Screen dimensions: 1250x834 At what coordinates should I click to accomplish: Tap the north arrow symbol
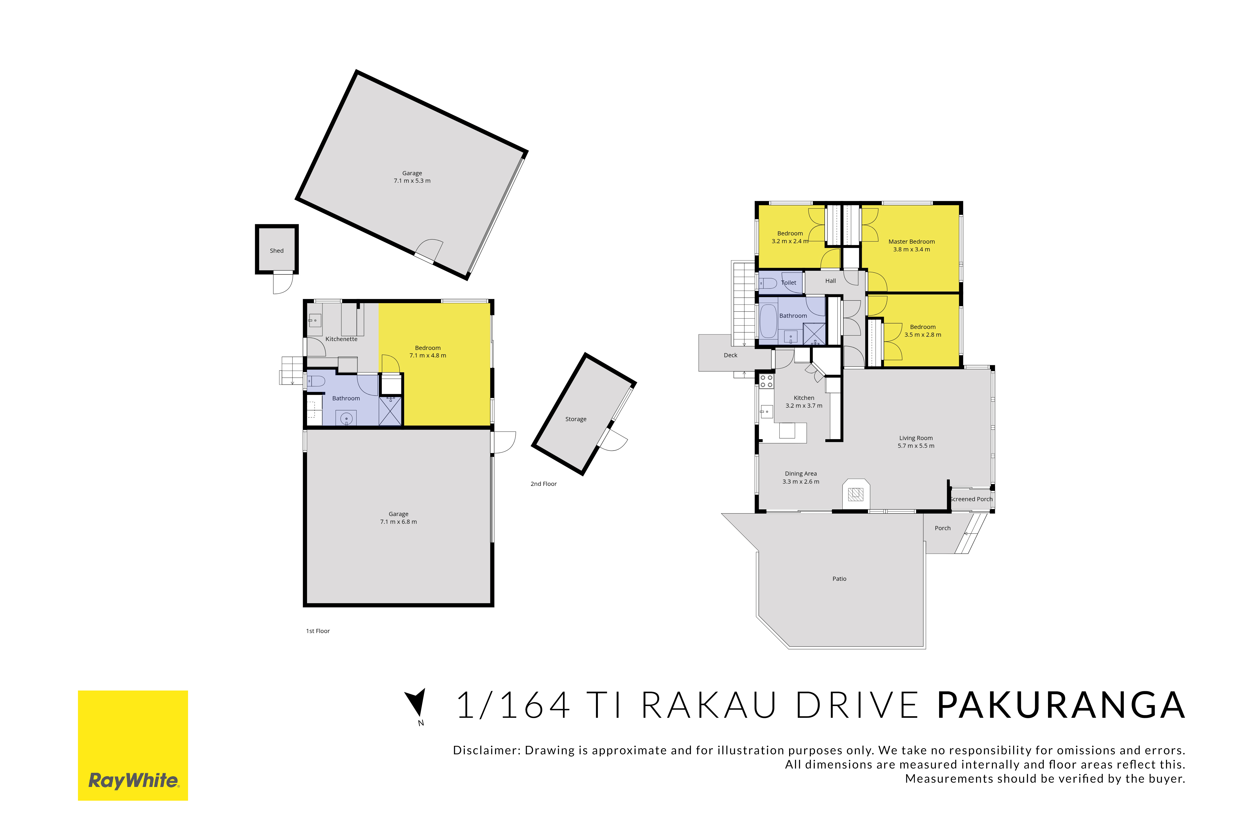pyautogui.click(x=417, y=702)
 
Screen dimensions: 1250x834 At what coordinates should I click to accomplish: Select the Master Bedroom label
pyautogui.click(x=912, y=242)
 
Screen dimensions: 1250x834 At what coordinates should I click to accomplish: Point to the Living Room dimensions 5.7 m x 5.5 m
pyautogui.click(x=916, y=446)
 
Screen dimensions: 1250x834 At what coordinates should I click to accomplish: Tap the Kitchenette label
pyautogui.click(x=341, y=339)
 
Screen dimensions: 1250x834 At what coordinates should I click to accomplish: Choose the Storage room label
pyautogui.click(x=576, y=419)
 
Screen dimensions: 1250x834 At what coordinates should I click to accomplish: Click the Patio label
pyautogui.click(x=839, y=579)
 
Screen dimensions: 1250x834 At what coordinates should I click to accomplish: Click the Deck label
pyautogui.click(x=730, y=355)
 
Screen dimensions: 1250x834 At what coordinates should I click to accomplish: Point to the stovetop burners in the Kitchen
pyautogui.click(x=766, y=381)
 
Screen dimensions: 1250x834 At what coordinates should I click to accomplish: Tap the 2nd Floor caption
pyautogui.click(x=543, y=484)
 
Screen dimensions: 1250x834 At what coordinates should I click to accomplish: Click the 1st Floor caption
pyautogui.click(x=318, y=631)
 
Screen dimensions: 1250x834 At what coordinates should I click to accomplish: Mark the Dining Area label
pyautogui.click(x=800, y=473)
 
